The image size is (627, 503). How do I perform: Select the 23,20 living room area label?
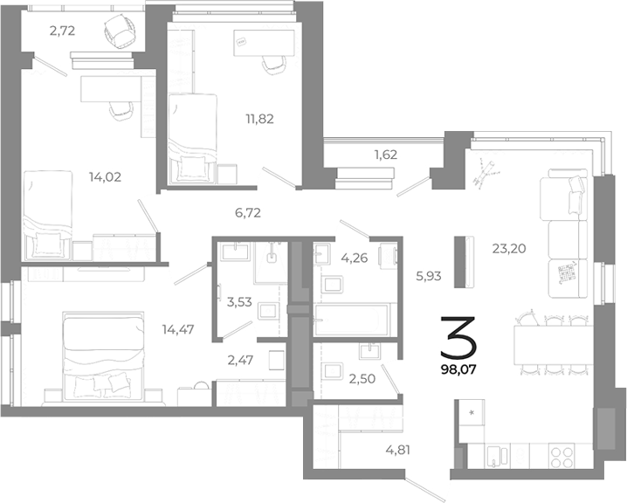click(x=509, y=248)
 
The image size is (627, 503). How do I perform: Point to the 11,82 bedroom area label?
click(x=258, y=118)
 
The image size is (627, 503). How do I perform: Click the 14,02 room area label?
click(x=105, y=176)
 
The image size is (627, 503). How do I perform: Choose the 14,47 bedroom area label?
click(x=179, y=329)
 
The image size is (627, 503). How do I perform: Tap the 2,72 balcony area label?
click(x=64, y=31)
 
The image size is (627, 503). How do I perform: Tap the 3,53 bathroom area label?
click(x=240, y=303)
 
